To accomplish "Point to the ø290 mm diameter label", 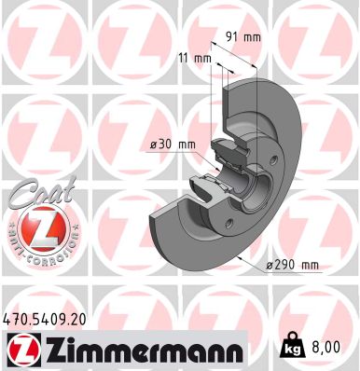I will point(293,267).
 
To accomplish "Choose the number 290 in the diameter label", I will point(288,267).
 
